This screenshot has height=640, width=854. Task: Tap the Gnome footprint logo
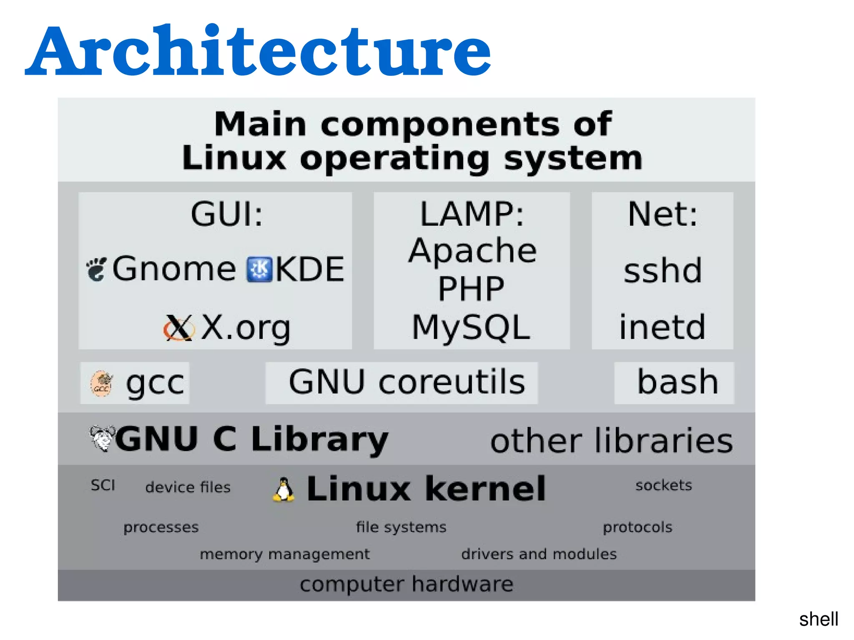[97, 269]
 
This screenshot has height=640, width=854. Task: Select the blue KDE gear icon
[259, 269]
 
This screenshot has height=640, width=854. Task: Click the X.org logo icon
[179, 328]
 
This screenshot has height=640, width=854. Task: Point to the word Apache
[472, 251]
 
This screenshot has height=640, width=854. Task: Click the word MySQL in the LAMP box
[471, 328]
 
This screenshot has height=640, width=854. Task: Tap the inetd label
[662, 328]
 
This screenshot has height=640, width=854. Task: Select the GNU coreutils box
[402, 383]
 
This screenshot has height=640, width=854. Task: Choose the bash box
[674, 383]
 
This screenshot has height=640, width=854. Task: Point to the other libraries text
[611, 441]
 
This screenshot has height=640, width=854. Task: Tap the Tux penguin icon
[284, 489]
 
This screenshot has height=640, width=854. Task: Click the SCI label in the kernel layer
[103, 485]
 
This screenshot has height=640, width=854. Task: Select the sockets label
[663, 485]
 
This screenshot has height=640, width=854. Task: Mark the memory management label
[284, 554]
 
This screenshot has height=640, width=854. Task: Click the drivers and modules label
[539, 554]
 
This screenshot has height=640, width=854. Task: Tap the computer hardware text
[407, 584]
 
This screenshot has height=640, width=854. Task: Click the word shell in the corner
[819, 619]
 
